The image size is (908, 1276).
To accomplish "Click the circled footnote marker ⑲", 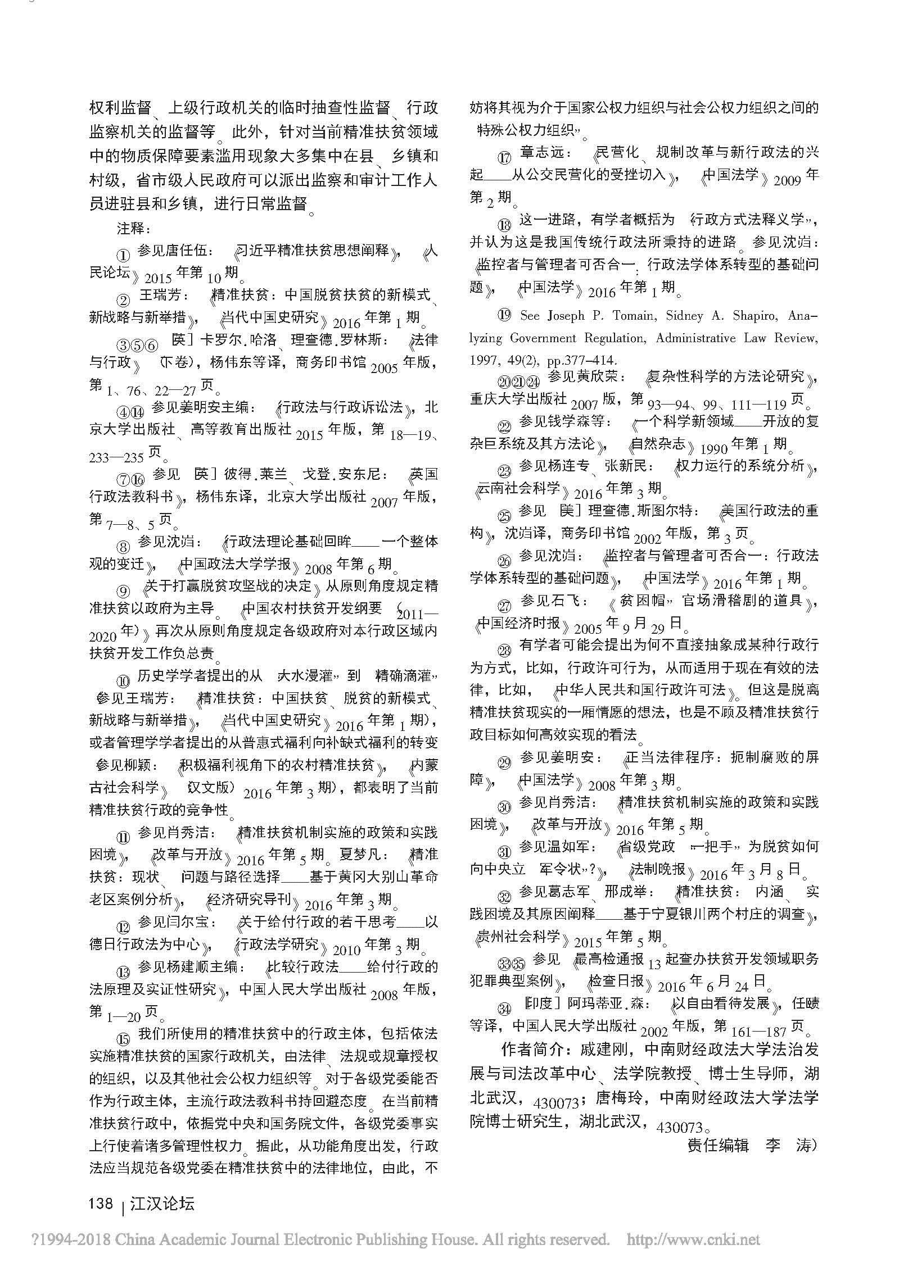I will pyautogui.click(x=504, y=316).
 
